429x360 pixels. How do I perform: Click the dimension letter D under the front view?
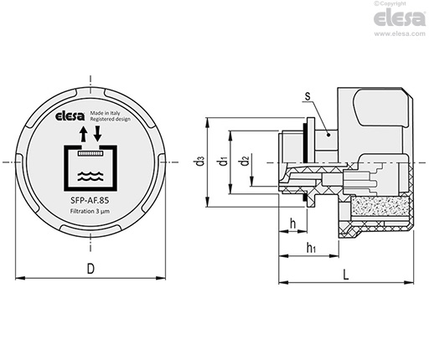[x=90, y=269]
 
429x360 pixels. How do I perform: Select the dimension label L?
[x=346, y=275]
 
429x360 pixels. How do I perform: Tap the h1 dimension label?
[x=311, y=248]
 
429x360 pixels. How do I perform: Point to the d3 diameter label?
[x=200, y=162]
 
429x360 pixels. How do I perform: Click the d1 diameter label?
[x=224, y=162]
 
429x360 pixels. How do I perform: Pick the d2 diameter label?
[x=245, y=161]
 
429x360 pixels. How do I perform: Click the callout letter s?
[x=308, y=96]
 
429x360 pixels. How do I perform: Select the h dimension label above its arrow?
[x=293, y=224]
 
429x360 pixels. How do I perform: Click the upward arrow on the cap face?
[x=83, y=134]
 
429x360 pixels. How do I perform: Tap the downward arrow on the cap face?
[x=97, y=134]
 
